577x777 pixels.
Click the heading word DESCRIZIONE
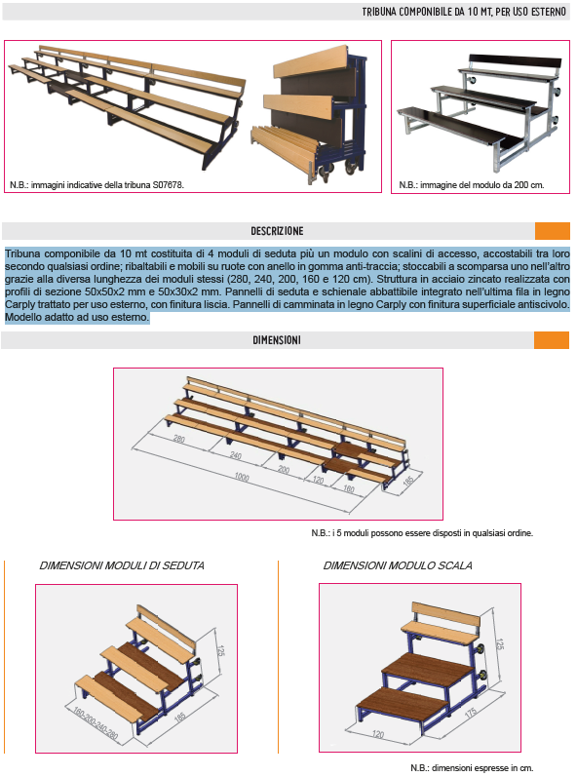[277, 231]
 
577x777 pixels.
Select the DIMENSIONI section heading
[277, 340]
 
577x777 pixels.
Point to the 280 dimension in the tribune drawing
[178, 440]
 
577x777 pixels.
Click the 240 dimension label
[235, 455]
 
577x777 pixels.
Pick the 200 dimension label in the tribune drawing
[284, 469]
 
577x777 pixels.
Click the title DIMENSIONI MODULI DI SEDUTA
[122, 565]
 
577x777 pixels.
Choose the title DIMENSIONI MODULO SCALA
[398, 565]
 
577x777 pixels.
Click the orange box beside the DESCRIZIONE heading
[552, 231]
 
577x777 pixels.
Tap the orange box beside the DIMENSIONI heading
[552, 340]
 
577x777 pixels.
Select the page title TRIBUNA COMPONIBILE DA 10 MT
[465, 13]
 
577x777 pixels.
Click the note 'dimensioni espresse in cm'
[478, 767]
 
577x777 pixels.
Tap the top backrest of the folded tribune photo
[310, 64]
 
